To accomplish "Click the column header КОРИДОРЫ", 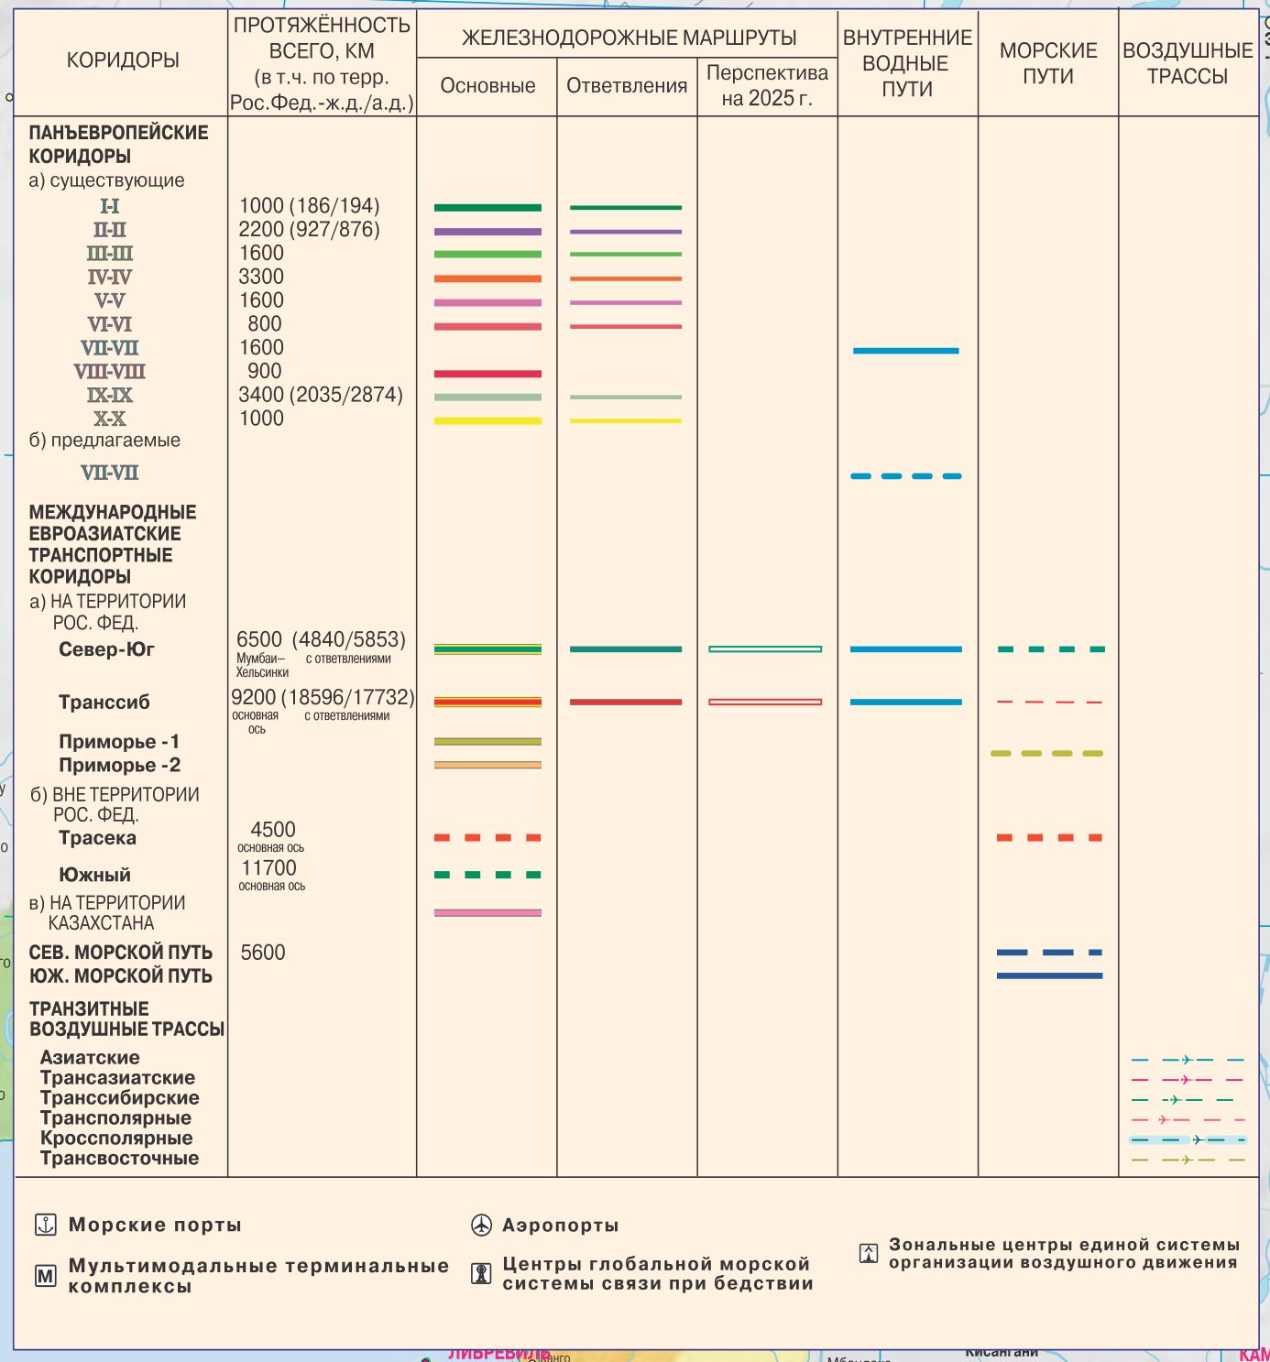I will click(x=123, y=60).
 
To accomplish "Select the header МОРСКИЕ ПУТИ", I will click(x=1048, y=63).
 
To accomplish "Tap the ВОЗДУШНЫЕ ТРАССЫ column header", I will click(x=1188, y=63).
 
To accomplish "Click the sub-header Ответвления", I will click(x=627, y=86).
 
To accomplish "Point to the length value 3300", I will click(x=261, y=277).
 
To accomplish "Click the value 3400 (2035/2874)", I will click(x=321, y=395).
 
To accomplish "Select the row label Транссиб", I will click(x=104, y=703).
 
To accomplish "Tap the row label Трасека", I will click(x=97, y=838).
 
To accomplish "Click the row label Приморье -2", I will click(x=119, y=766).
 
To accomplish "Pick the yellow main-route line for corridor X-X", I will click(x=487, y=421).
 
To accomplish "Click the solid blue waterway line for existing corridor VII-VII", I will click(x=905, y=351).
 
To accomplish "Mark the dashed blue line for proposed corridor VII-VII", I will click(x=905, y=476).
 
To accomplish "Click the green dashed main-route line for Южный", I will click(x=487, y=875).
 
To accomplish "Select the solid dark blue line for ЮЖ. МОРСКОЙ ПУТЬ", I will click(x=1049, y=976).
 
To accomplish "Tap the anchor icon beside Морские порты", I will click(x=46, y=1225).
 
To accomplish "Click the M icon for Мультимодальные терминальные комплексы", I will click(x=46, y=1276).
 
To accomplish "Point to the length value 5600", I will click(x=263, y=953).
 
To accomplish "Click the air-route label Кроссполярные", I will click(x=116, y=1139).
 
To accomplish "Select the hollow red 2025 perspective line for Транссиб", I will click(x=765, y=703).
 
